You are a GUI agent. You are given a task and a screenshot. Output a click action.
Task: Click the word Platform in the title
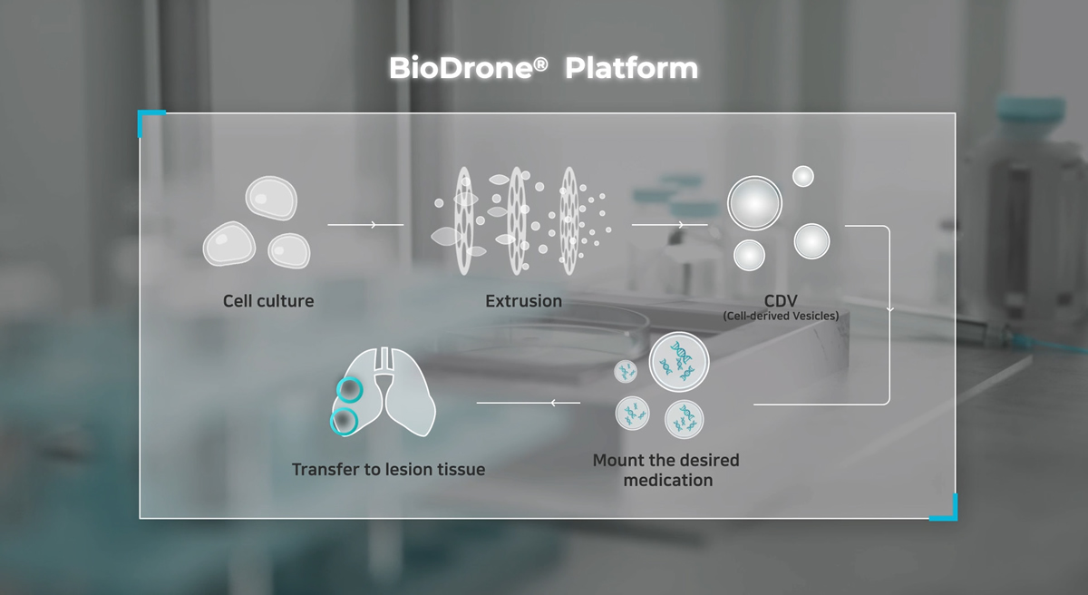(632, 68)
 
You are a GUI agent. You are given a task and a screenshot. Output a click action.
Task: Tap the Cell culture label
(268, 300)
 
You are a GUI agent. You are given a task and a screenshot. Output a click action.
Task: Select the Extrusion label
(523, 300)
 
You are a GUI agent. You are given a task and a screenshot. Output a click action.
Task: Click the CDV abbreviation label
(780, 298)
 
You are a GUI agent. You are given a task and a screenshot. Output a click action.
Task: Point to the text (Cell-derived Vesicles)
(781, 316)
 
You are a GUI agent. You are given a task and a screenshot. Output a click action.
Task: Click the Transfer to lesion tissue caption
(388, 469)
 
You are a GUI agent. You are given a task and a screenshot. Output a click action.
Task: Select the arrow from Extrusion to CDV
(669, 223)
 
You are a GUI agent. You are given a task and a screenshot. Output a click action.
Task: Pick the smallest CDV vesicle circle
(802, 176)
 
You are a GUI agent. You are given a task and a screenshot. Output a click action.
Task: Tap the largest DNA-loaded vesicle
(679, 363)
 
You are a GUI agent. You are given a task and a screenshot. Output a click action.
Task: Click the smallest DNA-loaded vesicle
(627, 371)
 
